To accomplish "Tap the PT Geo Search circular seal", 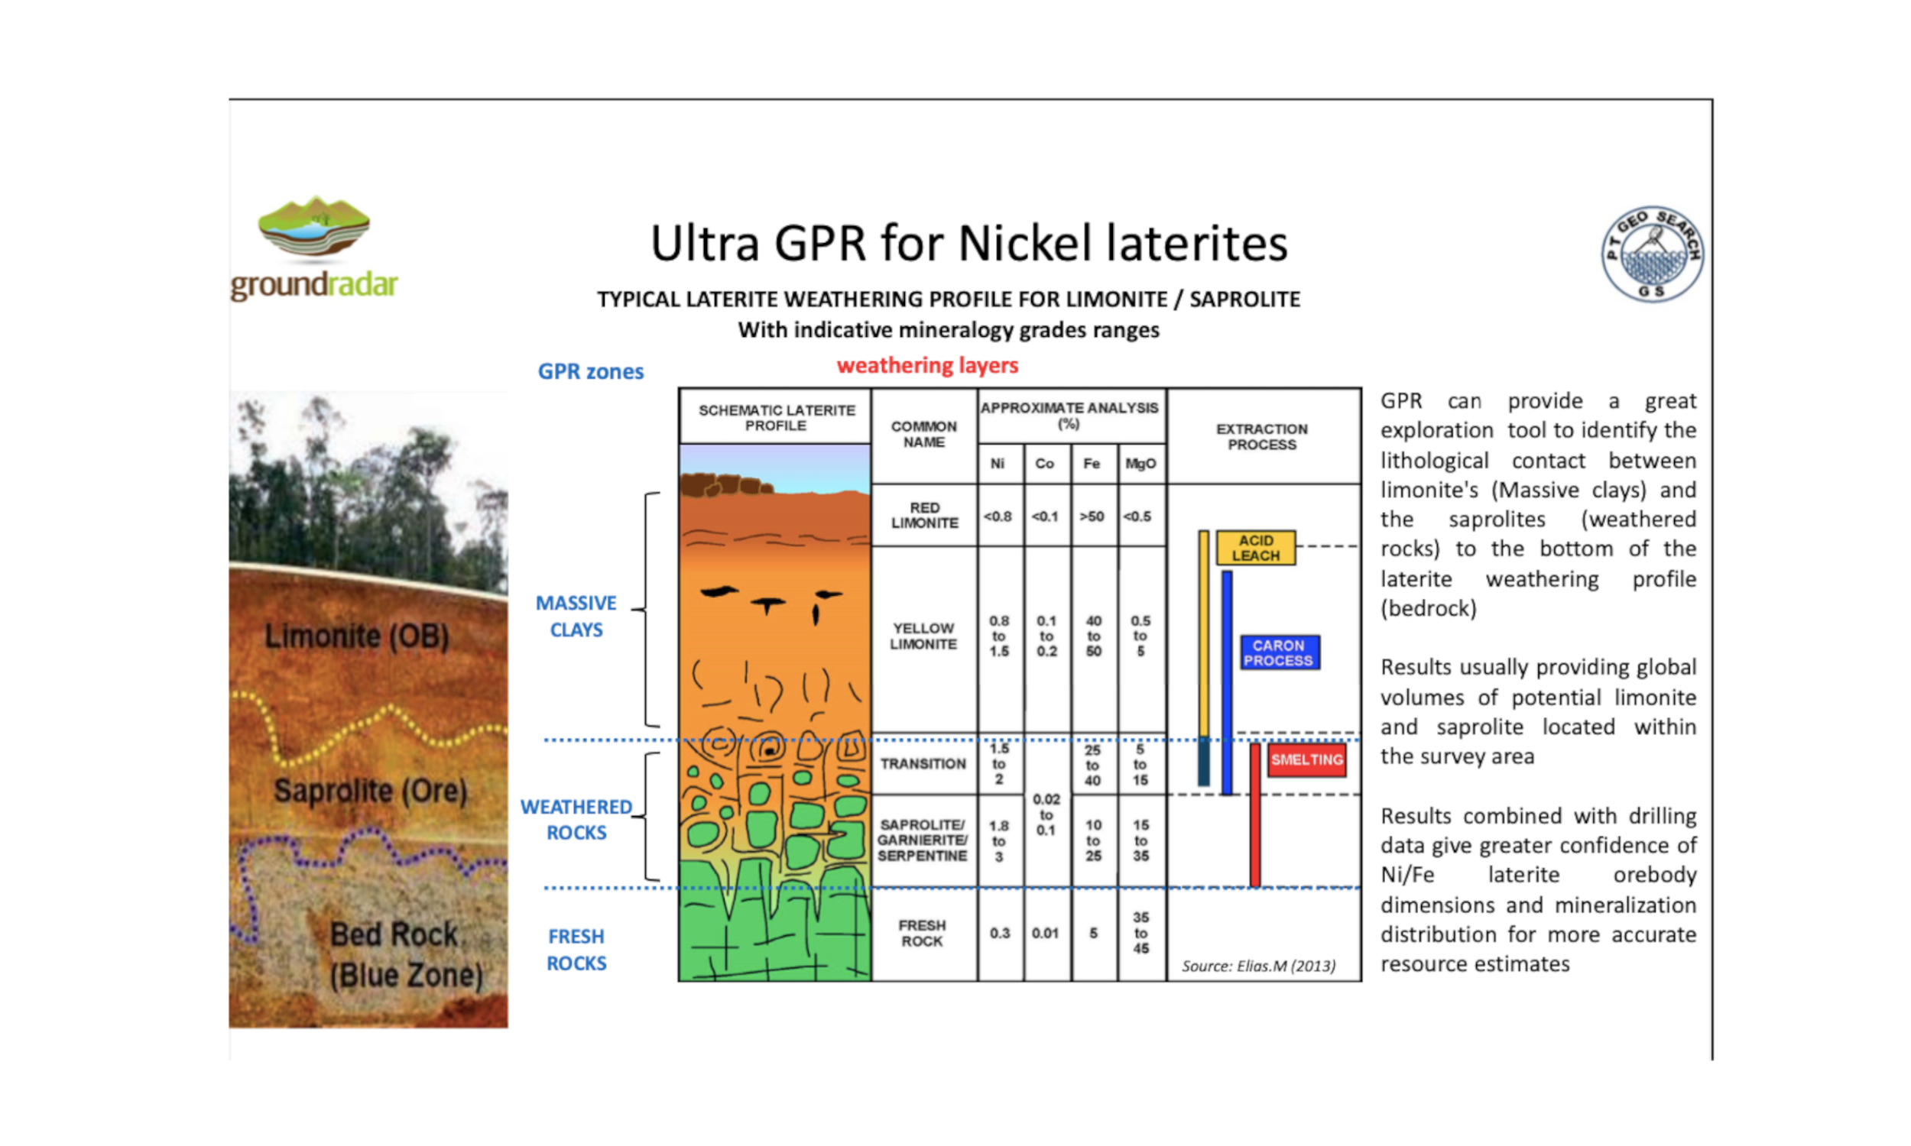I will (1652, 254).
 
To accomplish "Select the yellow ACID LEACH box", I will (1255, 548).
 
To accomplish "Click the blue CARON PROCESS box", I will (1279, 652).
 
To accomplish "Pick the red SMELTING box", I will (1306, 760).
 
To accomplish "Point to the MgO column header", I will (1140, 463).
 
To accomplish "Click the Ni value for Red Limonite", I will (998, 516).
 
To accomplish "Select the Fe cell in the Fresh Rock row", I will (1093, 933).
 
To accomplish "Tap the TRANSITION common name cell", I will (923, 764).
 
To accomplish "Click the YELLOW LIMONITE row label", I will (923, 636).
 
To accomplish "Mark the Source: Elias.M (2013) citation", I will (1258, 966).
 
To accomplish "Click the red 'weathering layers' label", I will (927, 365).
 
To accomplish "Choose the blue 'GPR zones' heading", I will (590, 371).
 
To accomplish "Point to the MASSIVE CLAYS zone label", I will (576, 617).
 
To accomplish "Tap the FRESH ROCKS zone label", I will (576, 950).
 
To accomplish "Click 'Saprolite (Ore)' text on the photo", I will (371, 791).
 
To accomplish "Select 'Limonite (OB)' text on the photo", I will (356, 636).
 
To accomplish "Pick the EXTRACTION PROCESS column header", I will (1262, 436).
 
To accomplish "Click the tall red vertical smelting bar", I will (1254, 814).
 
